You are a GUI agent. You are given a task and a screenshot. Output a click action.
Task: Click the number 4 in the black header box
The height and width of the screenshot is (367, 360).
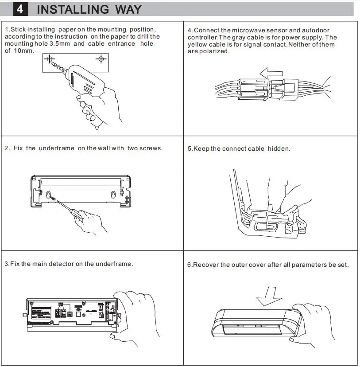19,9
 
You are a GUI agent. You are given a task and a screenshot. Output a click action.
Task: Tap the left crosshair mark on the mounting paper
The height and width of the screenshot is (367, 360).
50,59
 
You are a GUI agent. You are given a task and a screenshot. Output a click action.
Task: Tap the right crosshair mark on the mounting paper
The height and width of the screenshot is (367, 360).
101,59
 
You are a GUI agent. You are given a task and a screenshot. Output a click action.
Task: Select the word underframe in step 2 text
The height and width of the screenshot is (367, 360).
57,148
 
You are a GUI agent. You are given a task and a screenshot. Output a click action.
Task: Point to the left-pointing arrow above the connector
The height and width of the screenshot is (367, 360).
271,72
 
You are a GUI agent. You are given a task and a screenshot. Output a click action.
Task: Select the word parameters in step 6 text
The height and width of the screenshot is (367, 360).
309,265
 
